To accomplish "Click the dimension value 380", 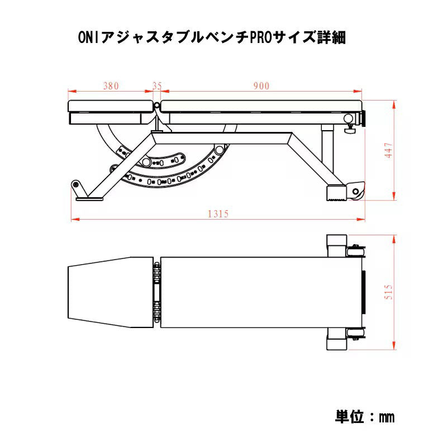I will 111,86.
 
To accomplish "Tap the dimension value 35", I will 157,86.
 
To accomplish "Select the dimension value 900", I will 261,86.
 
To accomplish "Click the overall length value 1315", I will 218,214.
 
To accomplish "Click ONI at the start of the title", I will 87,38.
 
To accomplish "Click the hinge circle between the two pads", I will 157,105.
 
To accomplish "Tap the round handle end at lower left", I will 74,184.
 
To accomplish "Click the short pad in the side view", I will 110,106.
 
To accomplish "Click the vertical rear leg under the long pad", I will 325,154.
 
